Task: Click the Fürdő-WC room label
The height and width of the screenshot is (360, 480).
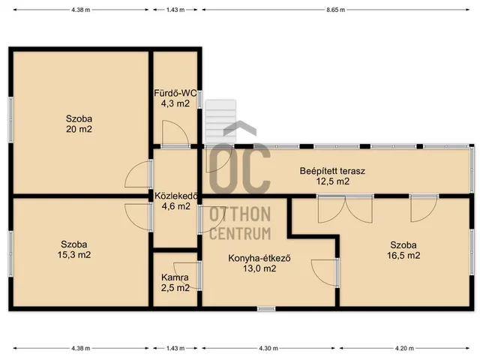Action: pos(175,93)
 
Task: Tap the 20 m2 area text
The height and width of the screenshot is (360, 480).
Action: pos(79,129)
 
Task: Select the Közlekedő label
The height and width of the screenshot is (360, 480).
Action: pos(176,196)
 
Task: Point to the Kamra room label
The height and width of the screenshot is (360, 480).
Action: pos(175,277)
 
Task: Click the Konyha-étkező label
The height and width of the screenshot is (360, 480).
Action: pos(259,258)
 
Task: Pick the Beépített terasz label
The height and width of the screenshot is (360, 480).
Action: pos(332,171)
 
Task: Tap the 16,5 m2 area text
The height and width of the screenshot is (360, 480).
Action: pos(403,255)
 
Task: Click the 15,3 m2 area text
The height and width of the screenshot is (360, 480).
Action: pos(74,255)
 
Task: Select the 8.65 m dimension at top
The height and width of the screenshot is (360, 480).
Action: pos(335,10)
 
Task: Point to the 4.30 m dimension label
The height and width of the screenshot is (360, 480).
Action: pos(268,348)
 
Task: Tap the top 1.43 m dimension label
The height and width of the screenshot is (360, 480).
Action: pos(175,10)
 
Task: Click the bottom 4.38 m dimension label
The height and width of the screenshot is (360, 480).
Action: pos(81,348)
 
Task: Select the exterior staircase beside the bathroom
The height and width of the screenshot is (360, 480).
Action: pos(220,121)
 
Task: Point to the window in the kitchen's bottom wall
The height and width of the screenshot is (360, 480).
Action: pos(266,309)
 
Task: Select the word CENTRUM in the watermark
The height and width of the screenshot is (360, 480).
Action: pos(240,233)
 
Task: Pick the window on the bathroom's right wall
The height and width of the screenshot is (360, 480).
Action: pos(200,100)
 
